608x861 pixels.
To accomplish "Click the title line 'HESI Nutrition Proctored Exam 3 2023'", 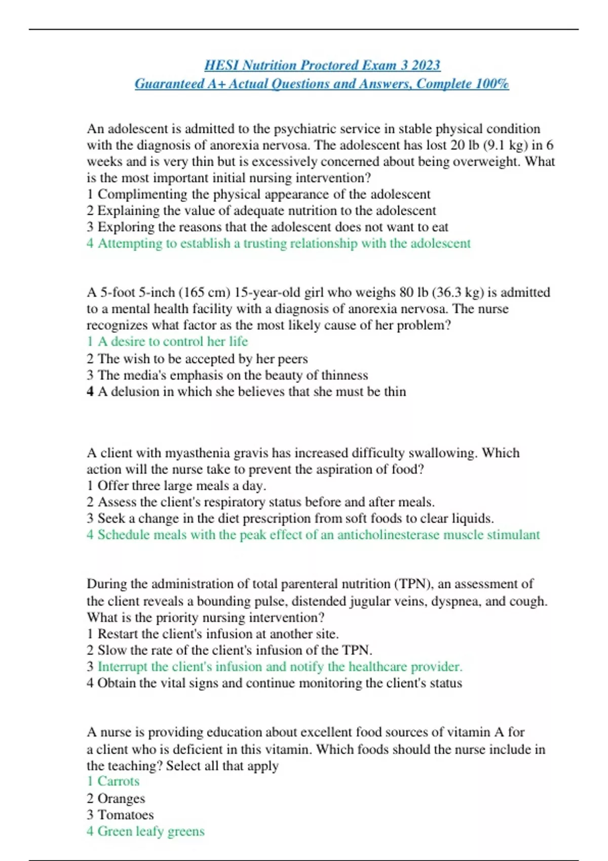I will [x=322, y=65].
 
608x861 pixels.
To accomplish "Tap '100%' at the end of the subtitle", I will [x=491, y=84].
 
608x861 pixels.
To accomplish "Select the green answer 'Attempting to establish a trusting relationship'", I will [x=284, y=244].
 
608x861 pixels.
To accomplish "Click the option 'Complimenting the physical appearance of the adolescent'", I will [x=263, y=194].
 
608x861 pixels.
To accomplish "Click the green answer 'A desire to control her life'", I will [x=172, y=341].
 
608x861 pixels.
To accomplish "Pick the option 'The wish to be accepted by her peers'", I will [x=202, y=359].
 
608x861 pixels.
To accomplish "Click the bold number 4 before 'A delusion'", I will [x=90, y=392].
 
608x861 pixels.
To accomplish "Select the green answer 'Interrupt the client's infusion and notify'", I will [x=280, y=667].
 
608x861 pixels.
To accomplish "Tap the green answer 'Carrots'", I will [x=118, y=781].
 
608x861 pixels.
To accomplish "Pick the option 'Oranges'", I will [x=121, y=799].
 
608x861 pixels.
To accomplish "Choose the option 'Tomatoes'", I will [x=125, y=815].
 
